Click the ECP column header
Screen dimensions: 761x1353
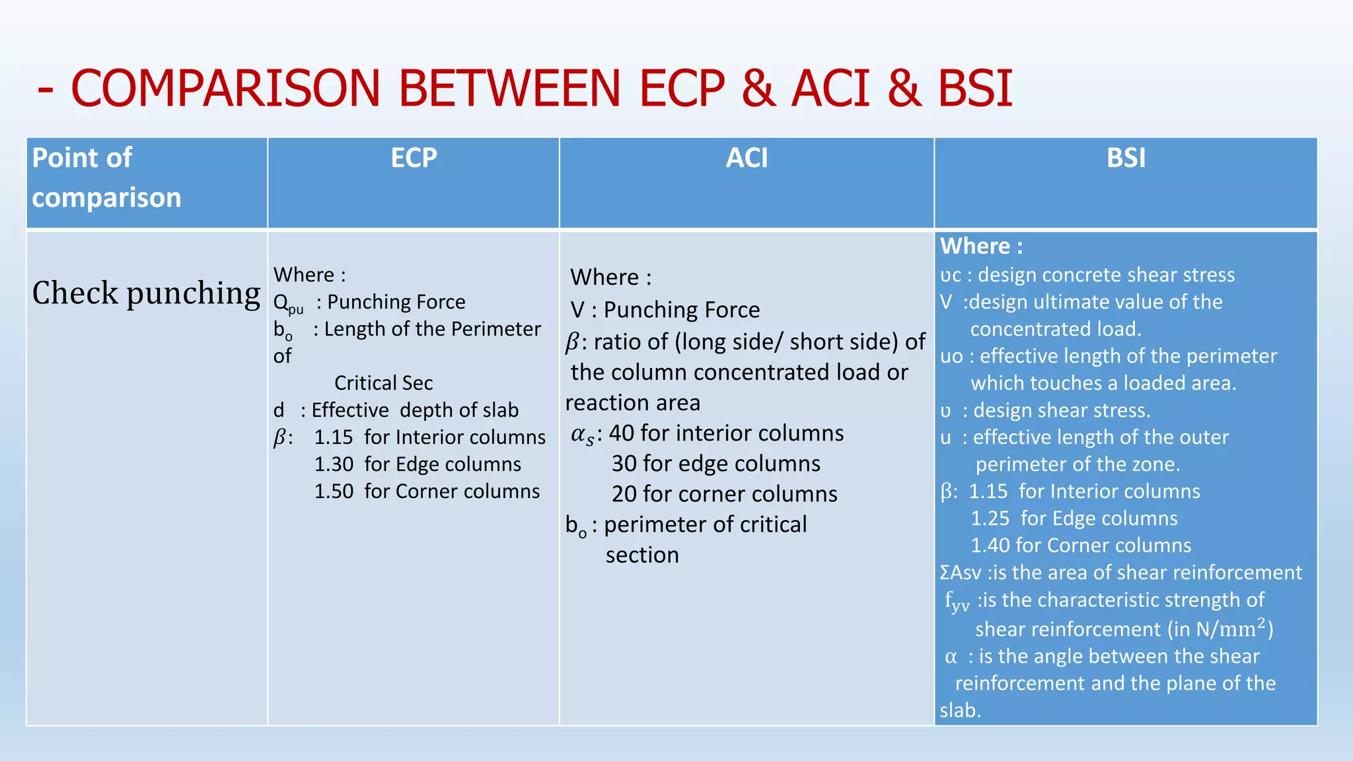click(414, 158)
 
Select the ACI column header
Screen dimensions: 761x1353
click(747, 158)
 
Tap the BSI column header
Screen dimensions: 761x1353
click(1126, 158)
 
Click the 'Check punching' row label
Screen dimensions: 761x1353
click(146, 293)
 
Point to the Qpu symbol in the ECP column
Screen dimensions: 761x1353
click(287, 303)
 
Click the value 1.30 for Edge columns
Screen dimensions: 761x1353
click(334, 464)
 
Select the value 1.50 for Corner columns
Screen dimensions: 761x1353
click(334, 491)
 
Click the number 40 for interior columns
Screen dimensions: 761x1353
click(622, 433)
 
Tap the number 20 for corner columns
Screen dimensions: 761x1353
click(624, 494)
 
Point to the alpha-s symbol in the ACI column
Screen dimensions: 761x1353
click(582, 435)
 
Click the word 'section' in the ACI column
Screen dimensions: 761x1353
click(642, 555)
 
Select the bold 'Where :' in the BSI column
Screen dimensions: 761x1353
click(981, 246)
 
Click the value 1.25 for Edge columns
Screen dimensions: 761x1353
click(990, 519)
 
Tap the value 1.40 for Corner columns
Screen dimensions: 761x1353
click(990, 546)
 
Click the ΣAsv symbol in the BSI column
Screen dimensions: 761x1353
click(960, 573)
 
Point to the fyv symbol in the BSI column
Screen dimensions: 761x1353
click(956, 601)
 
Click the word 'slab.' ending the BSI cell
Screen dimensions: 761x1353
click(960, 710)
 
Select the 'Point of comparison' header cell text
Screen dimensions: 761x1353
click(106, 177)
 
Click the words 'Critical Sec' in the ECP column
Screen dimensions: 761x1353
click(383, 383)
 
